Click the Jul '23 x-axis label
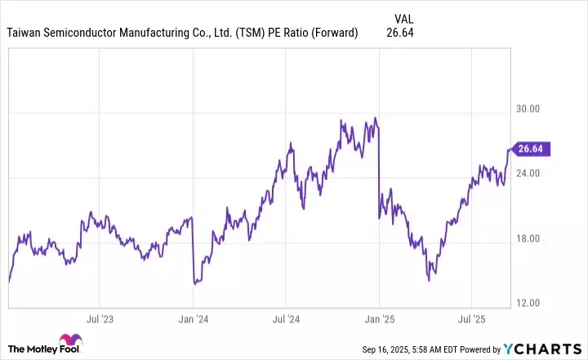[x=100, y=318]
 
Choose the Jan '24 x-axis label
[x=193, y=318]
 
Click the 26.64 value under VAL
[x=400, y=33]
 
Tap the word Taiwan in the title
[x=24, y=33]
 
